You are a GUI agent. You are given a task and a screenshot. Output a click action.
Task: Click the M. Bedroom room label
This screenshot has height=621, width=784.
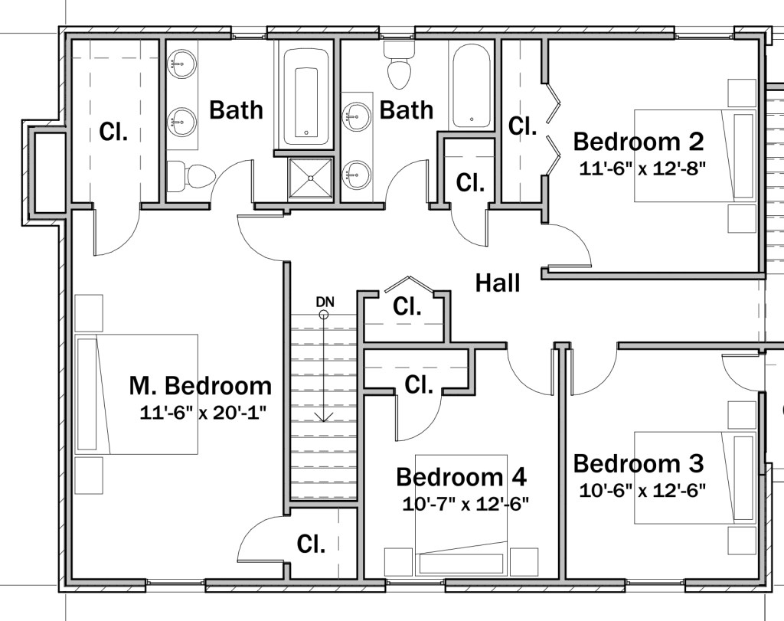[200, 385]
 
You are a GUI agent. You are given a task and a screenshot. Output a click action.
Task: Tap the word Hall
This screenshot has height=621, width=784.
[498, 283]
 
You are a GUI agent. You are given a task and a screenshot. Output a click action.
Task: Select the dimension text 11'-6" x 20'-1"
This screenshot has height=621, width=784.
[201, 413]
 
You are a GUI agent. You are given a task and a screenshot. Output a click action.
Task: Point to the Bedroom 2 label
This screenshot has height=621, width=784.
[638, 142]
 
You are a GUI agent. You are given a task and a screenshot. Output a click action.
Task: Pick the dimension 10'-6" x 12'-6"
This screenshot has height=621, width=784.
[639, 489]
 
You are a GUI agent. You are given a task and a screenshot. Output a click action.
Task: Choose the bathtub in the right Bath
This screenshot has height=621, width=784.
[472, 86]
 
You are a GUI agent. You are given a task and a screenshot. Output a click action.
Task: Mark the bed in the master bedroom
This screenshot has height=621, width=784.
[136, 394]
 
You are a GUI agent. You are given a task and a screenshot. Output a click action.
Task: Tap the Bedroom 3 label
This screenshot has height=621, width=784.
[638, 463]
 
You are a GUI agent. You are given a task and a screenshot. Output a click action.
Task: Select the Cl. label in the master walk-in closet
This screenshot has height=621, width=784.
[113, 132]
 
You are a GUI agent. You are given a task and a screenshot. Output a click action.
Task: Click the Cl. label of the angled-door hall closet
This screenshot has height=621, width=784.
[407, 307]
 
